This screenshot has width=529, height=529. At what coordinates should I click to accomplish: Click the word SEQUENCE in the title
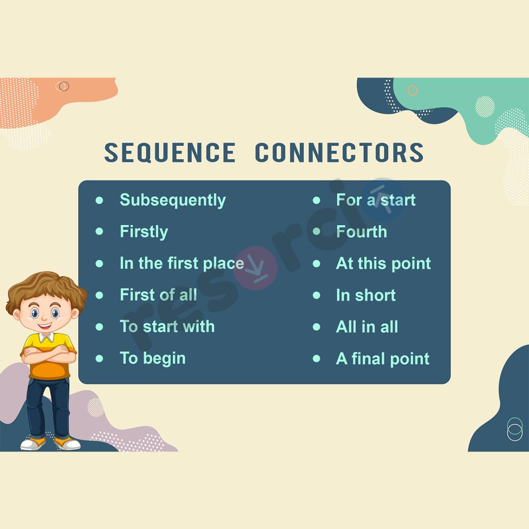[x=170, y=153]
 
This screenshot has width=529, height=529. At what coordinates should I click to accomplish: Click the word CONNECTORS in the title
[x=339, y=153]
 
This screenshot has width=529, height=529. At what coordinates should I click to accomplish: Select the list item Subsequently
[x=172, y=201]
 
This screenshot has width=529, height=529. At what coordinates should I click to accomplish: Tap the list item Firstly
[x=144, y=232]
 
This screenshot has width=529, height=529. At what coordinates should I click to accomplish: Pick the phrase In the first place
[x=182, y=264]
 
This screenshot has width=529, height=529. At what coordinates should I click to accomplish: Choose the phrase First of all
[x=158, y=295]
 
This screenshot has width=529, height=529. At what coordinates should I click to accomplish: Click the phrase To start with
[x=167, y=327]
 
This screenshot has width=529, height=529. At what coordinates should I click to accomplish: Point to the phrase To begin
[x=153, y=358]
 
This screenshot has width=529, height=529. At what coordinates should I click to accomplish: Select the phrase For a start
[x=376, y=200]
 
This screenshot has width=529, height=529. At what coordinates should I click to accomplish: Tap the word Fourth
[x=361, y=232]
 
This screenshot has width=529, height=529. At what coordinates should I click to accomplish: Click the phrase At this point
[x=383, y=264]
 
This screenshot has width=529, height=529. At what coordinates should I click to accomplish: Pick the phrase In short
[x=365, y=295]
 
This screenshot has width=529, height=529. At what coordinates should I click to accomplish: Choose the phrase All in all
[x=367, y=327]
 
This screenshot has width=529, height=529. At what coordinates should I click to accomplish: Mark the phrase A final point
[x=382, y=359]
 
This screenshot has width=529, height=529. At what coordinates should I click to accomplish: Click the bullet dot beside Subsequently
[x=99, y=200]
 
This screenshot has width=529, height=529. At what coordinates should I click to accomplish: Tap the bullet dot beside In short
[x=317, y=295]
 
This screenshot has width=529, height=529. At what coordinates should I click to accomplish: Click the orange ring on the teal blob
[x=412, y=91]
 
